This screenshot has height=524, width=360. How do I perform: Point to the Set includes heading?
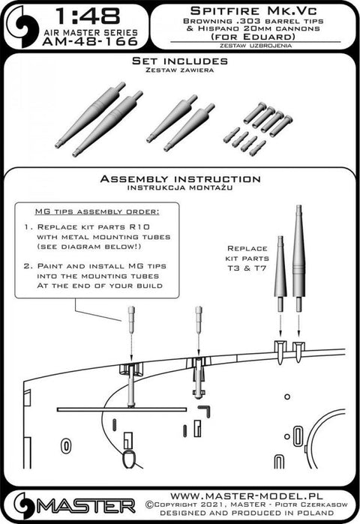(x=179, y=58)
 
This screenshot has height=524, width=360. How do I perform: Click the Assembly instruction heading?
(x=180, y=180)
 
